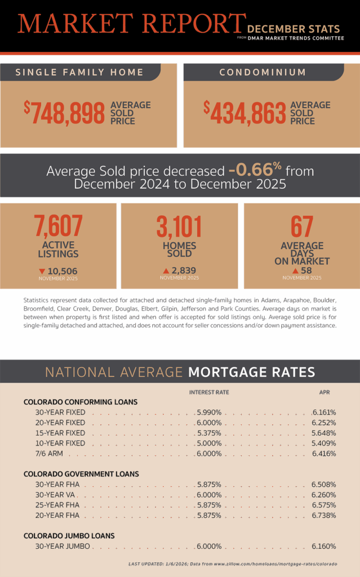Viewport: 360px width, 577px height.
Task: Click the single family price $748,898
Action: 65,113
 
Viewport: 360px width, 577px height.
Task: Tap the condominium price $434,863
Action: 245,113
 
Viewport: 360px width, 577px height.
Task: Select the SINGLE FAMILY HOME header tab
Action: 79,72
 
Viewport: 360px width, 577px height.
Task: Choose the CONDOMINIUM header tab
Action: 263,72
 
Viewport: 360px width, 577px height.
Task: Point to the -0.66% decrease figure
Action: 255,171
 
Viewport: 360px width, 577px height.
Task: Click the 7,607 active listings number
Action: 59,226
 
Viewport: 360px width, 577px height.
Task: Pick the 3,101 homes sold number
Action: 179,227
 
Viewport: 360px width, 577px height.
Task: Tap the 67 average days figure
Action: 301,226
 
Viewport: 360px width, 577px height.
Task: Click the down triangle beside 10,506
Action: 42,271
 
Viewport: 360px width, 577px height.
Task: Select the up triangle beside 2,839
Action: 166,271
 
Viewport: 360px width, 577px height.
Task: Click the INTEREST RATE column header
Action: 209,392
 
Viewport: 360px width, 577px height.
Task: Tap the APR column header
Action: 324,392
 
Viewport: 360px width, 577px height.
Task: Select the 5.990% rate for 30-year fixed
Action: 209,412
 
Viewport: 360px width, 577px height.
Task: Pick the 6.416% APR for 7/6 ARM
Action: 324,454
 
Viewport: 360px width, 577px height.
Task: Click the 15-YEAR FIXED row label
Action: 60,433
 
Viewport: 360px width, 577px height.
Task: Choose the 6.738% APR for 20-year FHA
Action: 324,515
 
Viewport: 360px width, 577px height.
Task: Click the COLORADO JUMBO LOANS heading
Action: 69,535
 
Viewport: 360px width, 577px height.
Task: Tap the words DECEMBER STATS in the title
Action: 293,29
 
